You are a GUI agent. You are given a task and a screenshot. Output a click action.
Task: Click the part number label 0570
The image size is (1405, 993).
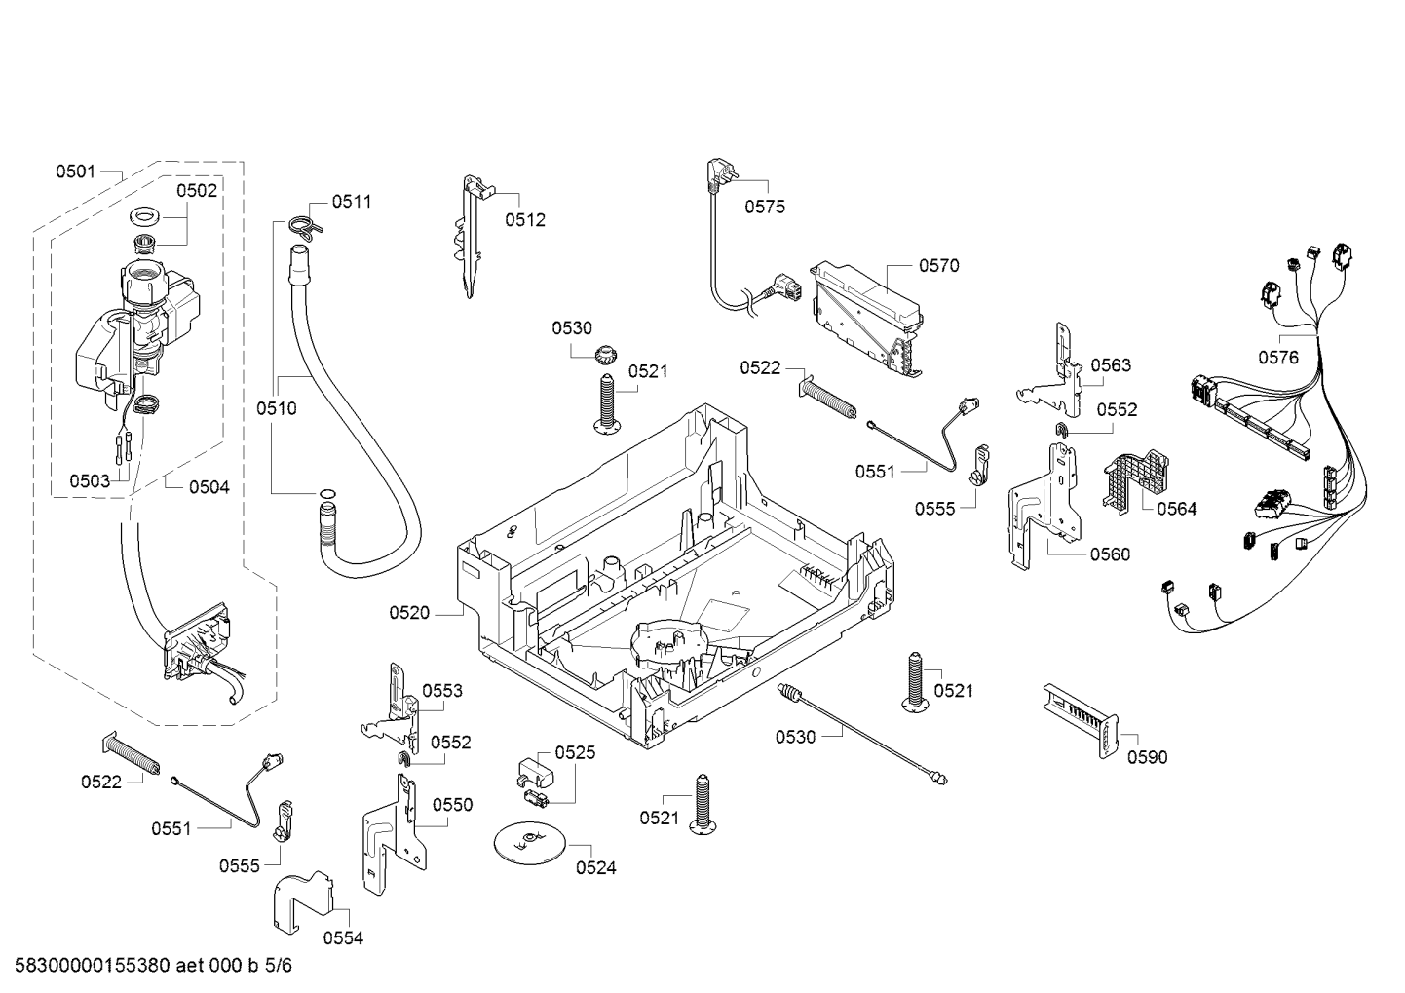(x=939, y=266)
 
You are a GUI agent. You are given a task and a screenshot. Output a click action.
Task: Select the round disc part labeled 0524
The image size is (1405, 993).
(x=529, y=841)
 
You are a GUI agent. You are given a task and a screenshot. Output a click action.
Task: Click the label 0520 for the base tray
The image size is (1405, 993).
(x=409, y=613)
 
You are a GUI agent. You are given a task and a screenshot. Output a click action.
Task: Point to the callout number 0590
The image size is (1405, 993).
(x=1148, y=758)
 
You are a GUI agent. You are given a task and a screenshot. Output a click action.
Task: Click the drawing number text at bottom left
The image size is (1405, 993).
(x=154, y=966)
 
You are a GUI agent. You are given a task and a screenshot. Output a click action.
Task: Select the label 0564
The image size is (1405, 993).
(x=1177, y=509)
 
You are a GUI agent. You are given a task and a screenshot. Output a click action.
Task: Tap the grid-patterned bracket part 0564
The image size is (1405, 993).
(x=1135, y=481)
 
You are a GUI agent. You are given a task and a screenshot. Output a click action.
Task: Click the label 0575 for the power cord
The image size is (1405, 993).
(x=765, y=207)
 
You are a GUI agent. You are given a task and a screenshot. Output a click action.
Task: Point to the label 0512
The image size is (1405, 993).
(x=525, y=220)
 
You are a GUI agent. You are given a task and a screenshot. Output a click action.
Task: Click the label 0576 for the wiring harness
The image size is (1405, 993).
(x=1278, y=358)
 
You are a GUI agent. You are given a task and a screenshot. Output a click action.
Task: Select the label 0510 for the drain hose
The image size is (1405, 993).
(x=277, y=409)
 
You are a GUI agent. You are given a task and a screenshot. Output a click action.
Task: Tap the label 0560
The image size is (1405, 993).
(x=1110, y=554)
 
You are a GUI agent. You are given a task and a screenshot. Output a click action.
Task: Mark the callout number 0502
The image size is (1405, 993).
(x=197, y=191)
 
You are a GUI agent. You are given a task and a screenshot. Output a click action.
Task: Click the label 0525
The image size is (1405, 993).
(x=575, y=752)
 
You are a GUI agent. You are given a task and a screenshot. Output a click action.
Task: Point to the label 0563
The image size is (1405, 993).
(x=1111, y=365)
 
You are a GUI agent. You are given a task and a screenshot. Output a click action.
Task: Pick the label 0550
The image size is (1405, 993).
(x=452, y=805)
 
